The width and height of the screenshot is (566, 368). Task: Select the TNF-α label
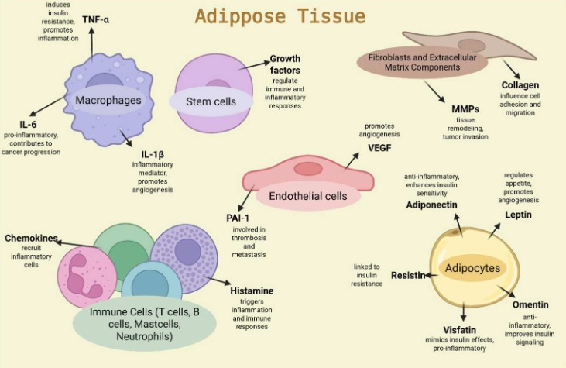pos(95,19)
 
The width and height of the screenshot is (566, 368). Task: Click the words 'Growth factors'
pos(285,65)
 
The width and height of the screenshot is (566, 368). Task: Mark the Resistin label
pos(408,275)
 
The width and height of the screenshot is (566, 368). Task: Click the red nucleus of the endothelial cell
pos(308,168)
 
